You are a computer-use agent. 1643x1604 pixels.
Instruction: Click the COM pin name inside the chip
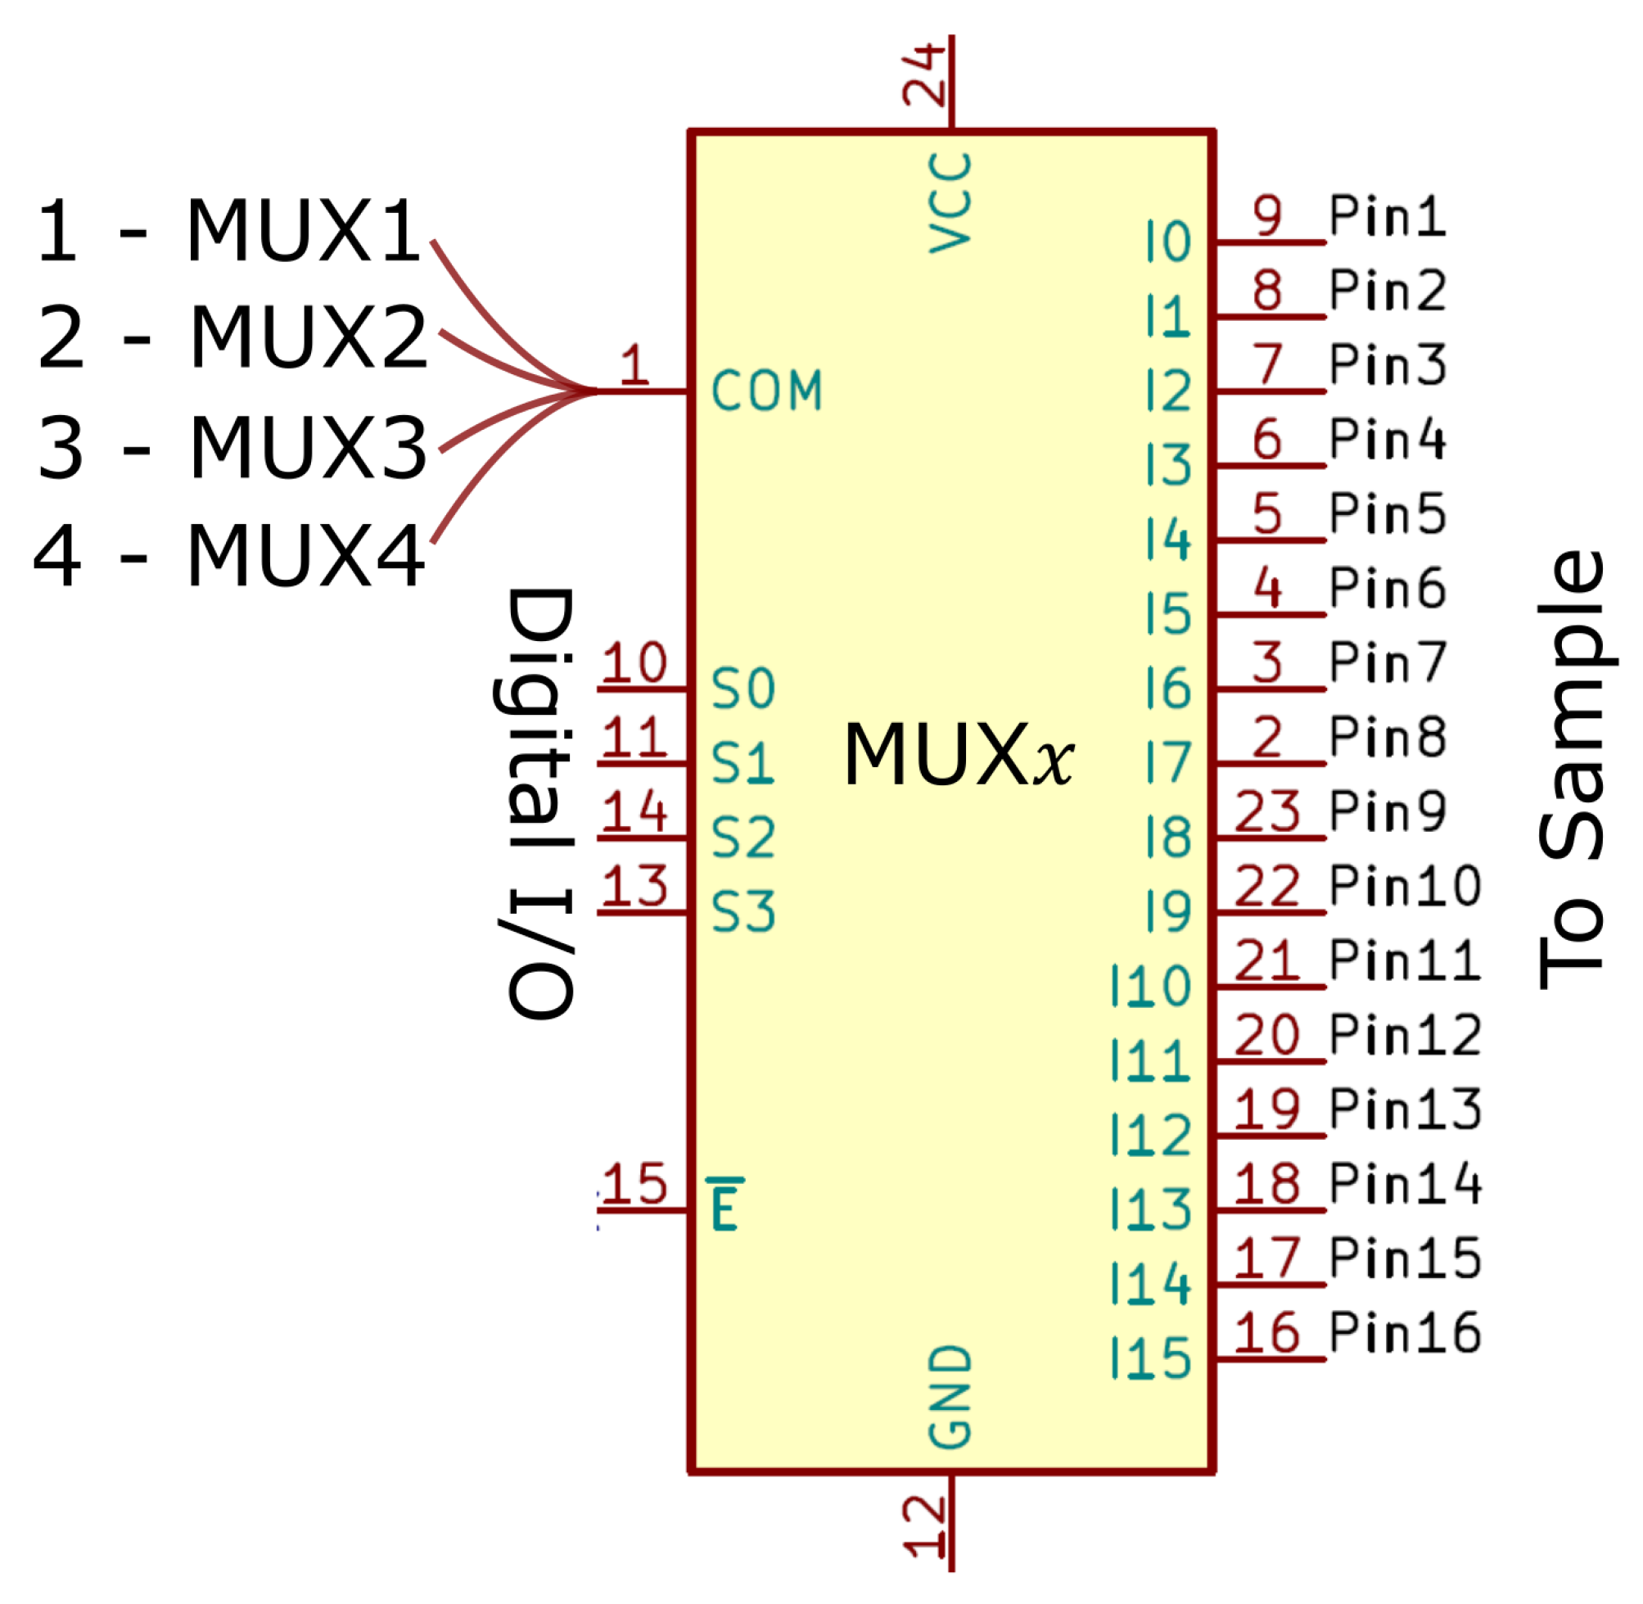coord(765,391)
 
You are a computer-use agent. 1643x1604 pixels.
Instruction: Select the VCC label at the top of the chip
coord(950,203)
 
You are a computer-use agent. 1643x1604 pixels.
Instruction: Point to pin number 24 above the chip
coord(925,75)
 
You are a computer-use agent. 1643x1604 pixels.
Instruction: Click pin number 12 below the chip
coord(925,1526)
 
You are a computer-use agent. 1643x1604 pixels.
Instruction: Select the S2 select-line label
coord(743,839)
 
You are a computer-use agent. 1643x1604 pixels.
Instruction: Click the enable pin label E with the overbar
coord(725,1205)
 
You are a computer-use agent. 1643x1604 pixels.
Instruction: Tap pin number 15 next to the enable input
coord(635,1184)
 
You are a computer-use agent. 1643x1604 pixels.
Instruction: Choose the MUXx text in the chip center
coord(959,756)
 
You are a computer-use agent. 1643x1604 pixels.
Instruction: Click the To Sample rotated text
coord(1572,770)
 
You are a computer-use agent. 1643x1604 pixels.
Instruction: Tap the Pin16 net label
coord(1405,1333)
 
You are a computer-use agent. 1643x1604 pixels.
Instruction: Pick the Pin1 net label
coord(1387,216)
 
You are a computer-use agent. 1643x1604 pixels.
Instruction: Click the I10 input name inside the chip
coord(1150,987)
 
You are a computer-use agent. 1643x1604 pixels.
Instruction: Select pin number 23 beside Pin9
coord(1267,811)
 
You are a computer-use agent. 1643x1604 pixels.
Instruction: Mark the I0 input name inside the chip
coord(1168,242)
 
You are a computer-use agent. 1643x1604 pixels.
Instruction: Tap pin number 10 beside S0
coord(635,663)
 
